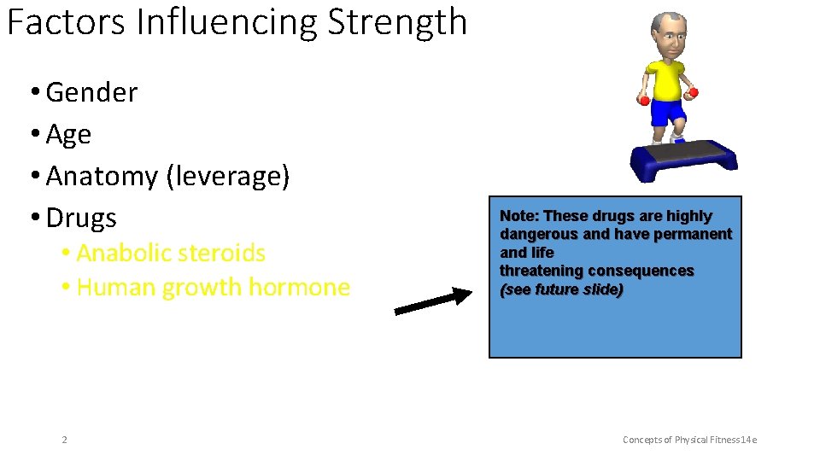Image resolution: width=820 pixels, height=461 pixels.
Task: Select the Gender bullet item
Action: point(91,92)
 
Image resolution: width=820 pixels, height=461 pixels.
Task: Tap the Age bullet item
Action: point(68,134)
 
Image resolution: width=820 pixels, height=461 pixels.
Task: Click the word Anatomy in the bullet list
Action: point(102,176)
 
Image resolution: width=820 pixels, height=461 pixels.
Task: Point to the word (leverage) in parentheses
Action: point(228,176)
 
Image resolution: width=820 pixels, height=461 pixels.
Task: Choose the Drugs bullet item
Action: point(81,218)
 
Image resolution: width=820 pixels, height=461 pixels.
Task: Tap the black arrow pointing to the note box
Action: point(432,302)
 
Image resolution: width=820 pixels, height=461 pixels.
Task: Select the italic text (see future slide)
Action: point(561,289)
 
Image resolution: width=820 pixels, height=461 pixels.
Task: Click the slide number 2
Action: point(64,440)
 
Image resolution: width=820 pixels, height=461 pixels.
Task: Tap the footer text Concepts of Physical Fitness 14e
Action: point(689,440)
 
